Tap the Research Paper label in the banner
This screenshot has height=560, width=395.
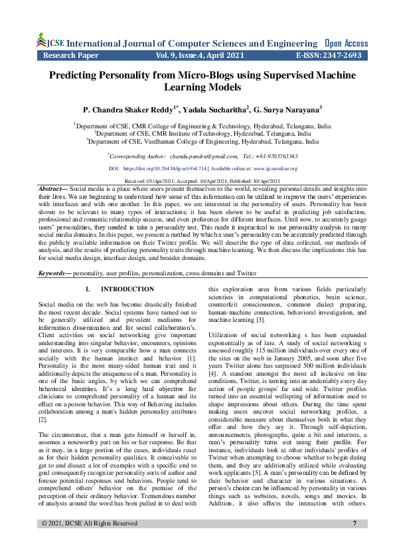(72, 56)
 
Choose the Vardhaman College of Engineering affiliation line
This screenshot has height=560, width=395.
(202, 141)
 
